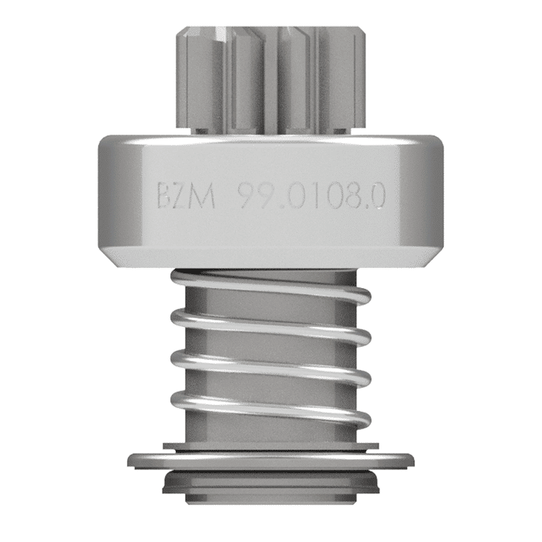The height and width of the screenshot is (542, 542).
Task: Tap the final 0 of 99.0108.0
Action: pyautogui.click(x=380, y=195)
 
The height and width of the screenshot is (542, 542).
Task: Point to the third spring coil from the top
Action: pyautogui.click(x=271, y=365)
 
